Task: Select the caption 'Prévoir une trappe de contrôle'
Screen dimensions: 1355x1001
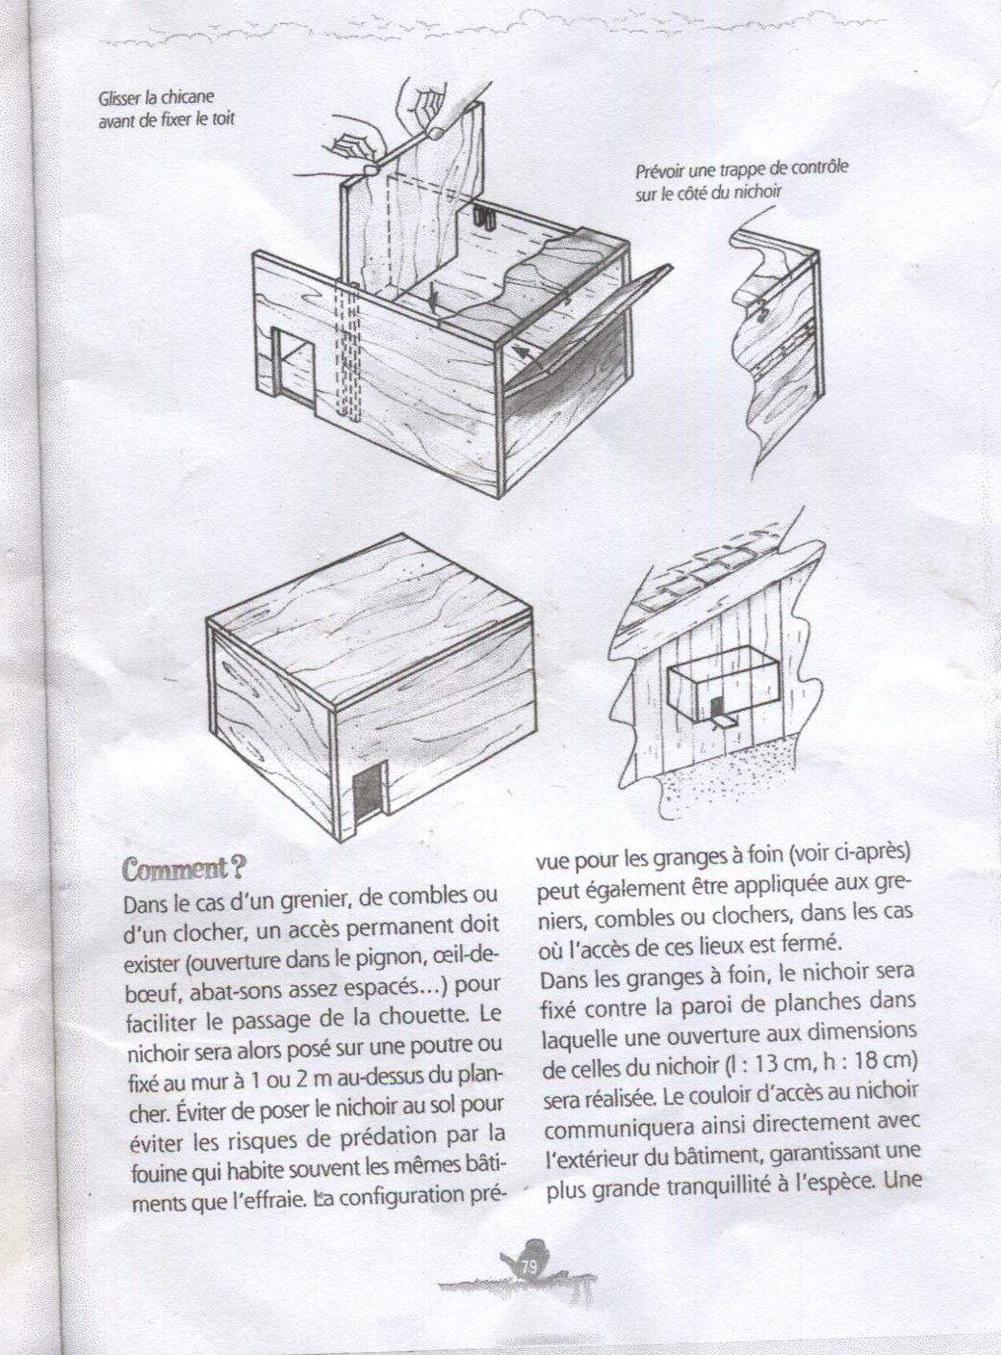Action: click(741, 170)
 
